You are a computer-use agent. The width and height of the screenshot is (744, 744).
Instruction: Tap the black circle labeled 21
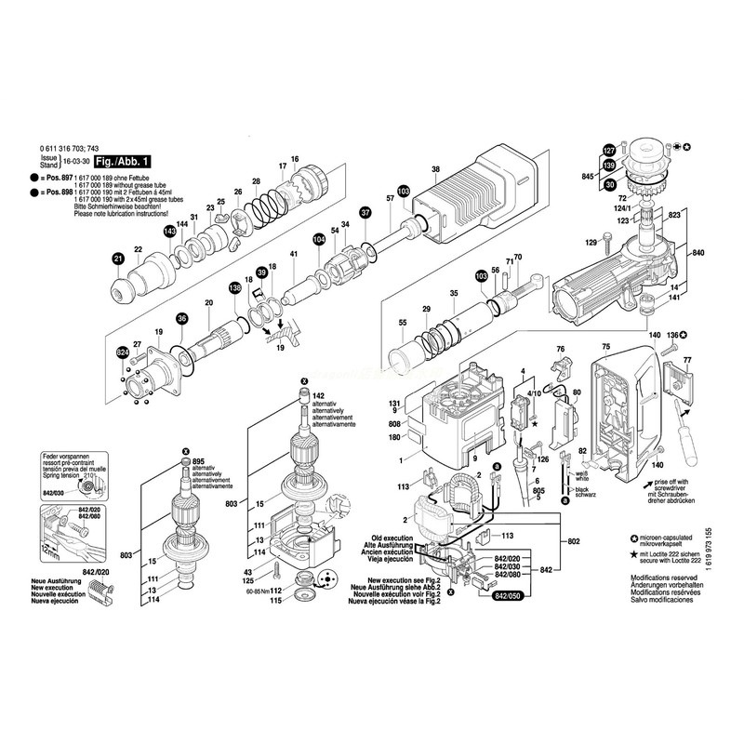[x=118, y=258]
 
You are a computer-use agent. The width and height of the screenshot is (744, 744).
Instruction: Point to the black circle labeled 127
[x=609, y=151]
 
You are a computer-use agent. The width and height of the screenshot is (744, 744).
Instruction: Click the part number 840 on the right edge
[x=698, y=254]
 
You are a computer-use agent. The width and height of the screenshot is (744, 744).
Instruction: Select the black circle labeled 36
[x=182, y=319]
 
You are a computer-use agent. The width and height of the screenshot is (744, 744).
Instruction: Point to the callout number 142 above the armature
[x=317, y=395]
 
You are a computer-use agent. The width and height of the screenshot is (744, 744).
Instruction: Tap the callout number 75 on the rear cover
[x=604, y=347]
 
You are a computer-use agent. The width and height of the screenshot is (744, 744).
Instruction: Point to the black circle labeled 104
[x=320, y=239]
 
